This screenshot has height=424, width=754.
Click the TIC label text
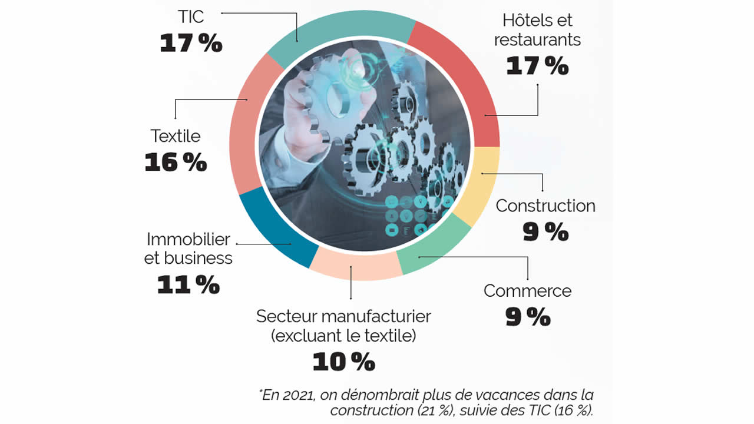pyautogui.click(x=190, y=16)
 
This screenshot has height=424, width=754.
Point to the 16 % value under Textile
pyautogui.click(x=176, y=163)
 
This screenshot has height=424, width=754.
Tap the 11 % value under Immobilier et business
pyautogui.click(x=188, y=285)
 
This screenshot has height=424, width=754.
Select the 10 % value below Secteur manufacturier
pyautogui.click(x=343, y=362)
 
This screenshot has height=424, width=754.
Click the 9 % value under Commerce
pyautogui.click(x=528, y=317)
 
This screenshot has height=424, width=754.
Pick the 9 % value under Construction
pyautogui.click(x=545, y=232)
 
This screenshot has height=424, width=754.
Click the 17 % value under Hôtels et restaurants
pyautogui.click(x=537, y=66)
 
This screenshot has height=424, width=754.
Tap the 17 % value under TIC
pyautogui.click(x=191, y=43)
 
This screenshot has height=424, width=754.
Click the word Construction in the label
pyautogui.click(x=545, y=206)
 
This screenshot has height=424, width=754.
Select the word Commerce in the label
pyautogui.click(x=527, y=290)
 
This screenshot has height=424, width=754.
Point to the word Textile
pyautogui.click(x=176, y=136)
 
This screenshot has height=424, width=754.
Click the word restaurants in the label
pyautogui.click(x=537, y=39)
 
